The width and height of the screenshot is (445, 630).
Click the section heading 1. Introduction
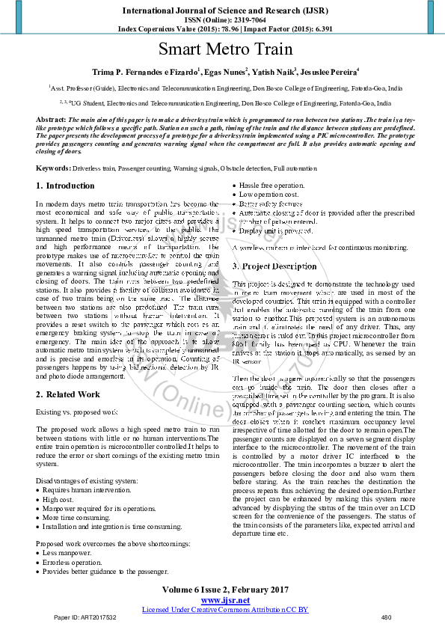66,186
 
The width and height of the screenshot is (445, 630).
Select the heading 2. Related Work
68,394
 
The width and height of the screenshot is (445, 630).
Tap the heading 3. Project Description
274,266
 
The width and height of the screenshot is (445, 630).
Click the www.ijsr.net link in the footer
225,600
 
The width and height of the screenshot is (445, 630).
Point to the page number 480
386,617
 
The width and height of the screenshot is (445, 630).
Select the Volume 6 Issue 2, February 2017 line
224,590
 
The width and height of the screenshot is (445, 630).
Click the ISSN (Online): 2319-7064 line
222,20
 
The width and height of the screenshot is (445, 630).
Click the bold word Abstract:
51,120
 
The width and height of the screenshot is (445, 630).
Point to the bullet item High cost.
61,499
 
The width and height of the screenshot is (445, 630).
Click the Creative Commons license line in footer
225,609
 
